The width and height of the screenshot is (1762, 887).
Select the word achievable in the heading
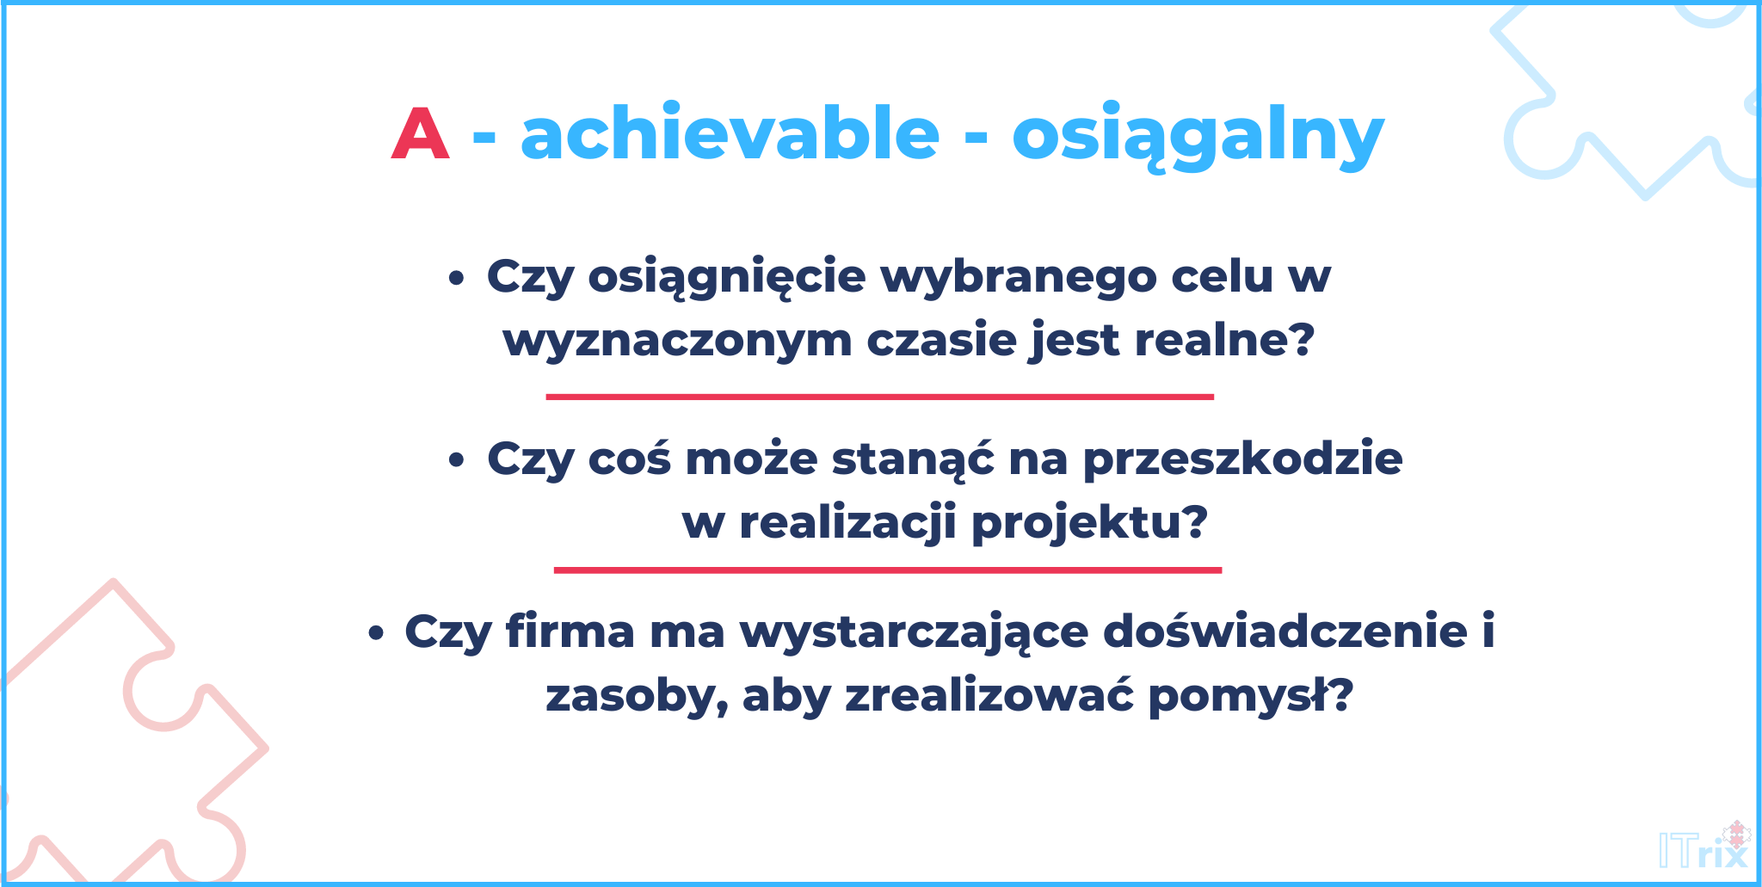point(730,133)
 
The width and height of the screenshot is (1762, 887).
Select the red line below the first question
point(880,397)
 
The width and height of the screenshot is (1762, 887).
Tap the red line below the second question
point(888,570)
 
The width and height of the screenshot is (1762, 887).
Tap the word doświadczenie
point(1285,631)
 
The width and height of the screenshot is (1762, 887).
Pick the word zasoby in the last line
point(637,697)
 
